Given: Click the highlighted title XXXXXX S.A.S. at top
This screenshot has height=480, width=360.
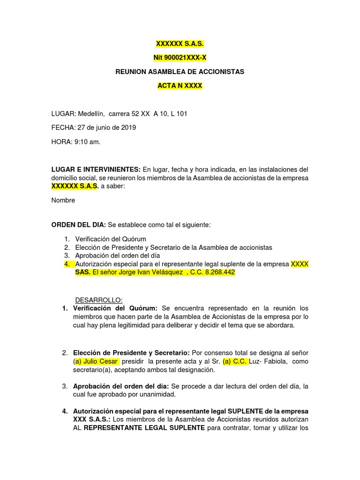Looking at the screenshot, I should click(x=180, y=44).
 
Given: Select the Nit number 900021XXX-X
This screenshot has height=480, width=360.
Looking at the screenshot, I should click(x=180, y=58).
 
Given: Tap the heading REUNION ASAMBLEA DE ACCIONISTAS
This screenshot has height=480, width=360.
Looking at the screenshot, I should click(x=180, y=72).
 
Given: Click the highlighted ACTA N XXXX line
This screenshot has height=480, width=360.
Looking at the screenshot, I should click(x=180, y=86).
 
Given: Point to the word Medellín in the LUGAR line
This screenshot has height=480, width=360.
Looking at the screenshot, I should click(x=91, y=114).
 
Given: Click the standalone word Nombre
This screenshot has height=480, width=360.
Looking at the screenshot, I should click(x=63, y=200).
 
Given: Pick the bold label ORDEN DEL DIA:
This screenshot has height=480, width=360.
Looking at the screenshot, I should click(x=78, y=225).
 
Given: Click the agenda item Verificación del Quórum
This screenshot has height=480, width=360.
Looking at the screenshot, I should click(x=111, y=239).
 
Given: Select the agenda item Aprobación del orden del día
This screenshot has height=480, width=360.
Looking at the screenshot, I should click(x=118, y=255).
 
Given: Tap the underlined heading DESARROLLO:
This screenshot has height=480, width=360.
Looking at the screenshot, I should click(x=99, y=300).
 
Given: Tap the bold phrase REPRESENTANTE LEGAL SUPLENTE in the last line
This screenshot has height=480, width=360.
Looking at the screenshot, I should click(x=144, y=427).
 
